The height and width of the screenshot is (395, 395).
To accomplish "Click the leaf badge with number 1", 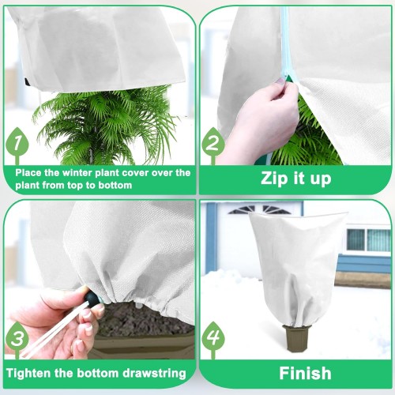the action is click(17, 144).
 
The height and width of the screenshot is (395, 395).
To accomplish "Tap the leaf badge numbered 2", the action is click(213, 144).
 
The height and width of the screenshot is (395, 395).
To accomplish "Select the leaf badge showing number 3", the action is click(17, 338).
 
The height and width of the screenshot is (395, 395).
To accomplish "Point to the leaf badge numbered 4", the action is click(213, 338).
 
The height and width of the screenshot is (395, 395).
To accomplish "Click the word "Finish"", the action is click(305, 373).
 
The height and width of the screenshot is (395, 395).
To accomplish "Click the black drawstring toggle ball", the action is click(92, 297).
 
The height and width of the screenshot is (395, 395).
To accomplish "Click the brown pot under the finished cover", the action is click(296, 339).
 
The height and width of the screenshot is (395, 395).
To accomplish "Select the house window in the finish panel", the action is click(368, 240).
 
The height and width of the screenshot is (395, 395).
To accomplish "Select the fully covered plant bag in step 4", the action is click(298, 267).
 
